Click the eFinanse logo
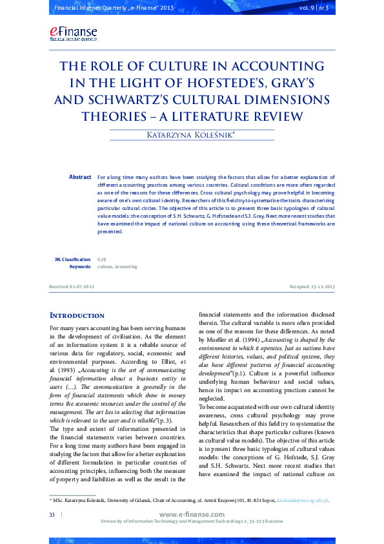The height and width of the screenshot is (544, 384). tap(72, 34)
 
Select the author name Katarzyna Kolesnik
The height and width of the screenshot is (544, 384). tap(191, 134)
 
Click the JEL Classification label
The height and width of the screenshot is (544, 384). tap(73, 258)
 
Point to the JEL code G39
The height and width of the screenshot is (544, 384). tap(101, 258)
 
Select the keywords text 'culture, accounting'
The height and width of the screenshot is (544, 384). tap(117, 266)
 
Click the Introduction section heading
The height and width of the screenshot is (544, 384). tap(77, 315)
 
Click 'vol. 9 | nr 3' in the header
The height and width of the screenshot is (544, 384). tap(314, 8)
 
